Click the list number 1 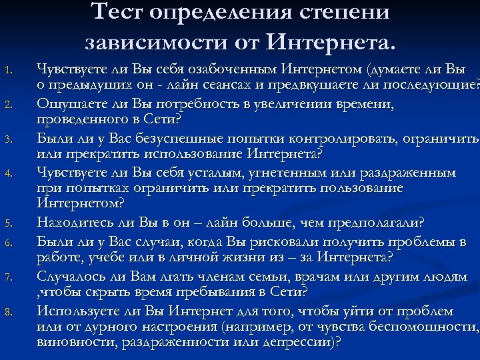(x=9, y=69)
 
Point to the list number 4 (x=9, y=174)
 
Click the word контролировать (x=341, y=138)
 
